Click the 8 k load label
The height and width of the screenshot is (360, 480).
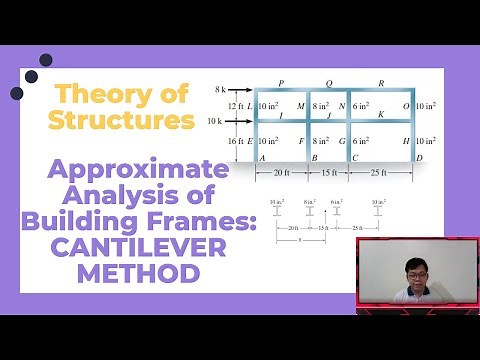(x=222, y=90)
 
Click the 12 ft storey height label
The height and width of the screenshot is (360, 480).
(x=237, y=106)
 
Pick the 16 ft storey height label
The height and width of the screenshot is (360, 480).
(x=237, y=142)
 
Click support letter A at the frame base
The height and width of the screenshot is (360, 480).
(x=262, y=158)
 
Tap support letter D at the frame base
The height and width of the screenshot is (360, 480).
(x=420, y=158)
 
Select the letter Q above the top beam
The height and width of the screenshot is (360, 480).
(x=329, y=84)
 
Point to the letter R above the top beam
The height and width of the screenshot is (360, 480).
(x=381, y=84)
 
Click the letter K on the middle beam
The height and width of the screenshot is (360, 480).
(x=380, y=115)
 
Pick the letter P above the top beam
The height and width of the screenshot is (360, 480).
(x=281, y=84)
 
